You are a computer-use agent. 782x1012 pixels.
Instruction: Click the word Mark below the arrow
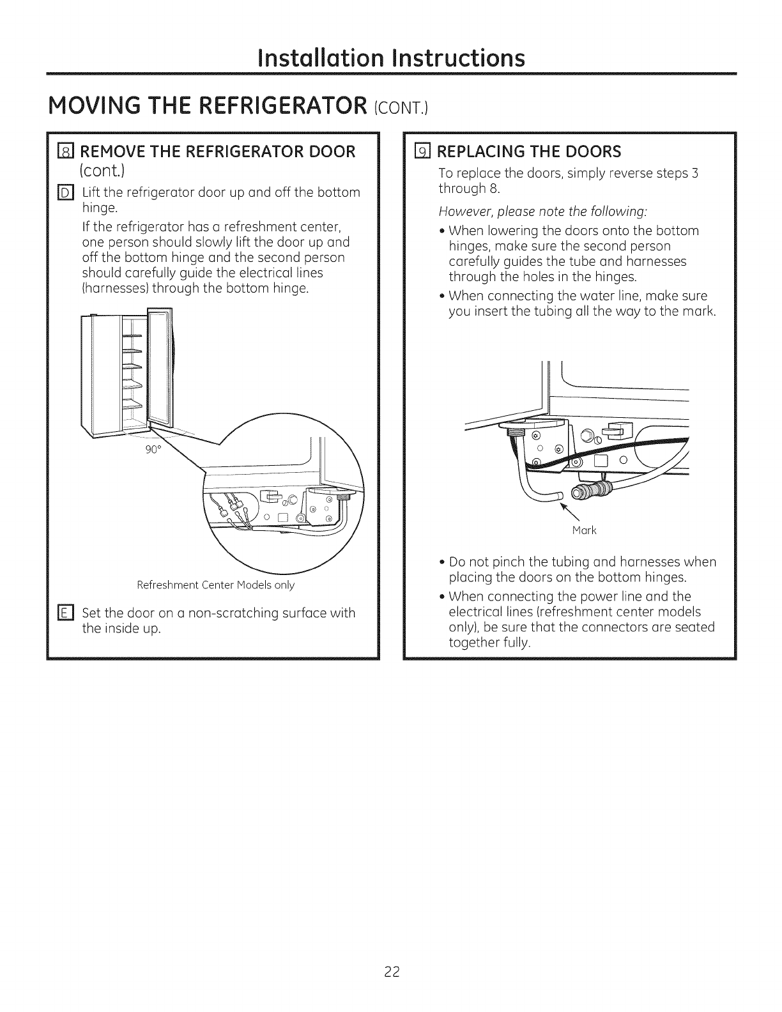click(584, 530)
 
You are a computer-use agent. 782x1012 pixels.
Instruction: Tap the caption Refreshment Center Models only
click(216, 585)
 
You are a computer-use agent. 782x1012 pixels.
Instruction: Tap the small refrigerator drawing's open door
click(160, 364)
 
